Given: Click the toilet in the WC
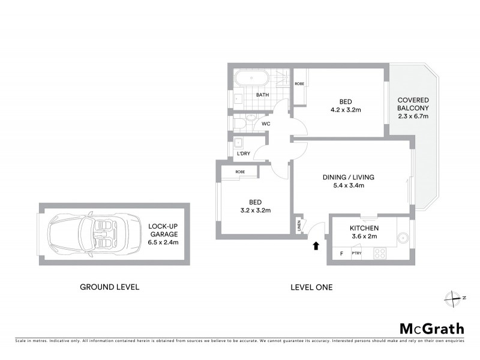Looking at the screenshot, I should point(240,124).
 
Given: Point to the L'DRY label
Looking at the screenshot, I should point(243,154).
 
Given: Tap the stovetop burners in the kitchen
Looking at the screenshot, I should point(380,254).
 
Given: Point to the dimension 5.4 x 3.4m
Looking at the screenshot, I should point(348,185).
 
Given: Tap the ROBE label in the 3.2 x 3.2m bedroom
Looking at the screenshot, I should point(240,172).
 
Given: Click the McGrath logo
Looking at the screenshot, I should point(431,328).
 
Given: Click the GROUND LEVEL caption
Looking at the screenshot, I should point(110,287).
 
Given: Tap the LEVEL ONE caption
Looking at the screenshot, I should point(311,287).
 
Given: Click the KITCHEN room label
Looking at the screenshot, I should point(364,229).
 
